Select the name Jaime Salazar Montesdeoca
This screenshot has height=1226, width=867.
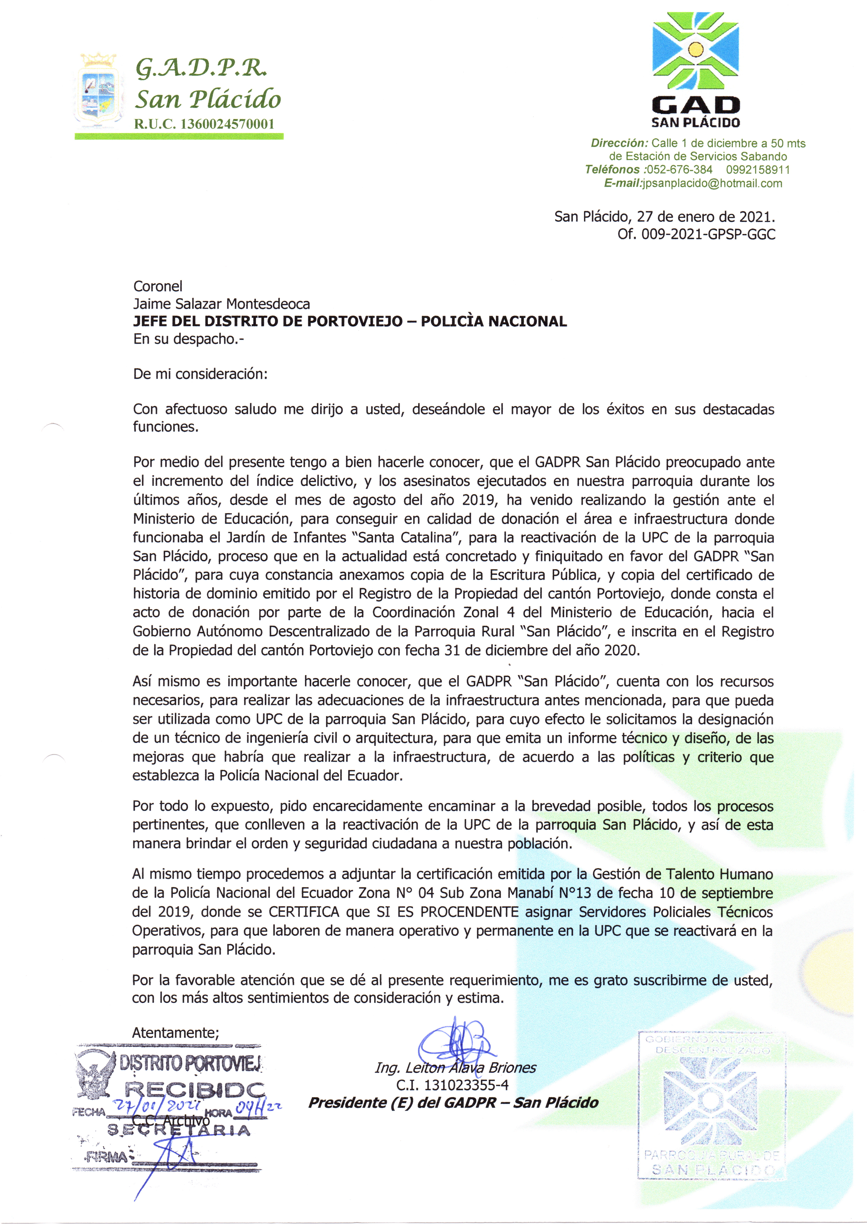221,304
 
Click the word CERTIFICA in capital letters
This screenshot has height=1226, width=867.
304,912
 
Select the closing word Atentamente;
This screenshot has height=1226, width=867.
175,1033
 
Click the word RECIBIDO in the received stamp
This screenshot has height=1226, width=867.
195,1089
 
